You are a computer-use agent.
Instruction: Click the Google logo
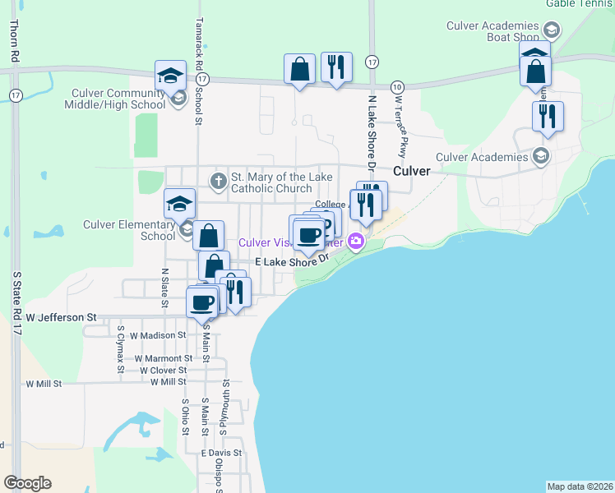coord(27,483)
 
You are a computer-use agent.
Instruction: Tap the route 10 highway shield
coord(398,86)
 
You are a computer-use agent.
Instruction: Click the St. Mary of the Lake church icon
coord(218,180)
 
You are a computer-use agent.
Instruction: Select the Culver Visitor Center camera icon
coord(356,242)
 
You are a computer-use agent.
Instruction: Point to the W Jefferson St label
coord(62,316)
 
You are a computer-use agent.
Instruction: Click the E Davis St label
coord(221,453)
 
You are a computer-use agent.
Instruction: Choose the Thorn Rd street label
coord(14,40)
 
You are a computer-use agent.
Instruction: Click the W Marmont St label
coord(164,358)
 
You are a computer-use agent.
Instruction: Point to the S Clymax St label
coord(120,349)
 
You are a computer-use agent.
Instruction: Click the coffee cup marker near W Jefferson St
coord(202,302)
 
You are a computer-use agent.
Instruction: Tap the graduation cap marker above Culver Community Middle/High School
coord(171,76)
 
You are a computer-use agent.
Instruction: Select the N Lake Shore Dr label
coord(372,131)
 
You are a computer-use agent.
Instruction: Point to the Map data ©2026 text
coord(579,486)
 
